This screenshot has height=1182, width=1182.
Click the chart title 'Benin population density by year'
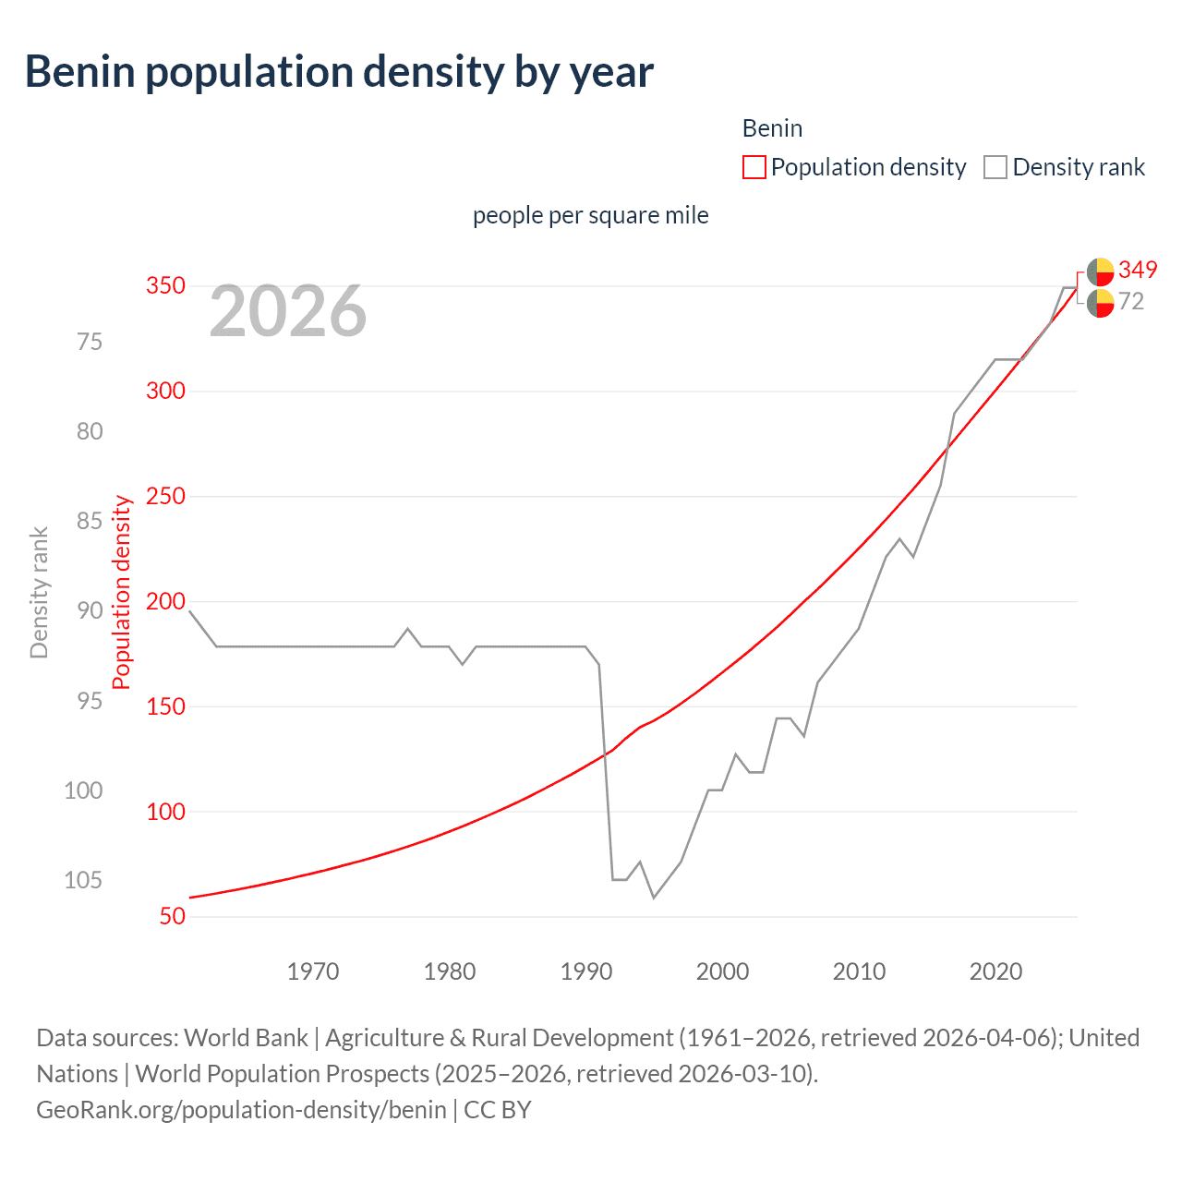(339, 72)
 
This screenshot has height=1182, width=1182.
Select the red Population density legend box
(754, 167)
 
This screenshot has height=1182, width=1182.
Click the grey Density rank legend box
(995, 167)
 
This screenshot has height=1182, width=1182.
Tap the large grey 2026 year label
(288, 312)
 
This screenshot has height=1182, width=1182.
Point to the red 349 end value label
(1137, 270)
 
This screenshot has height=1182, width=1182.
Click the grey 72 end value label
(1131, 301)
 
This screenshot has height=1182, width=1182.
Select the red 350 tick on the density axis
(166, 286)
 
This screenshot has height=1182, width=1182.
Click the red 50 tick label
(172, 917)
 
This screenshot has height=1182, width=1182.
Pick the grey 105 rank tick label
(83, 880)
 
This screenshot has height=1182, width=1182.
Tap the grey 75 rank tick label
(90, 342)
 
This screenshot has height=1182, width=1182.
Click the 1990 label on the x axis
(586, 971)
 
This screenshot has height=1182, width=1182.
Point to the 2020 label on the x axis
(995, 971)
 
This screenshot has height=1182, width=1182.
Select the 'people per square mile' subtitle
(591, 215)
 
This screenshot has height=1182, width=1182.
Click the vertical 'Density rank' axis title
(39, 593)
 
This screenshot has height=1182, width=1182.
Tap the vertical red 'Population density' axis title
(122, 593)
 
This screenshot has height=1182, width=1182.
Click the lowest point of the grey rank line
(654, 898)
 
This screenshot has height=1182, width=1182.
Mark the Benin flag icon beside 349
(1100, 271)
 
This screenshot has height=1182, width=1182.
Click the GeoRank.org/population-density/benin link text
(241, 1109)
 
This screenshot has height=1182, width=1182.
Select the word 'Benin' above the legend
(772, 128)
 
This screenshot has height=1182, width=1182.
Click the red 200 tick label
(166, 602)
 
